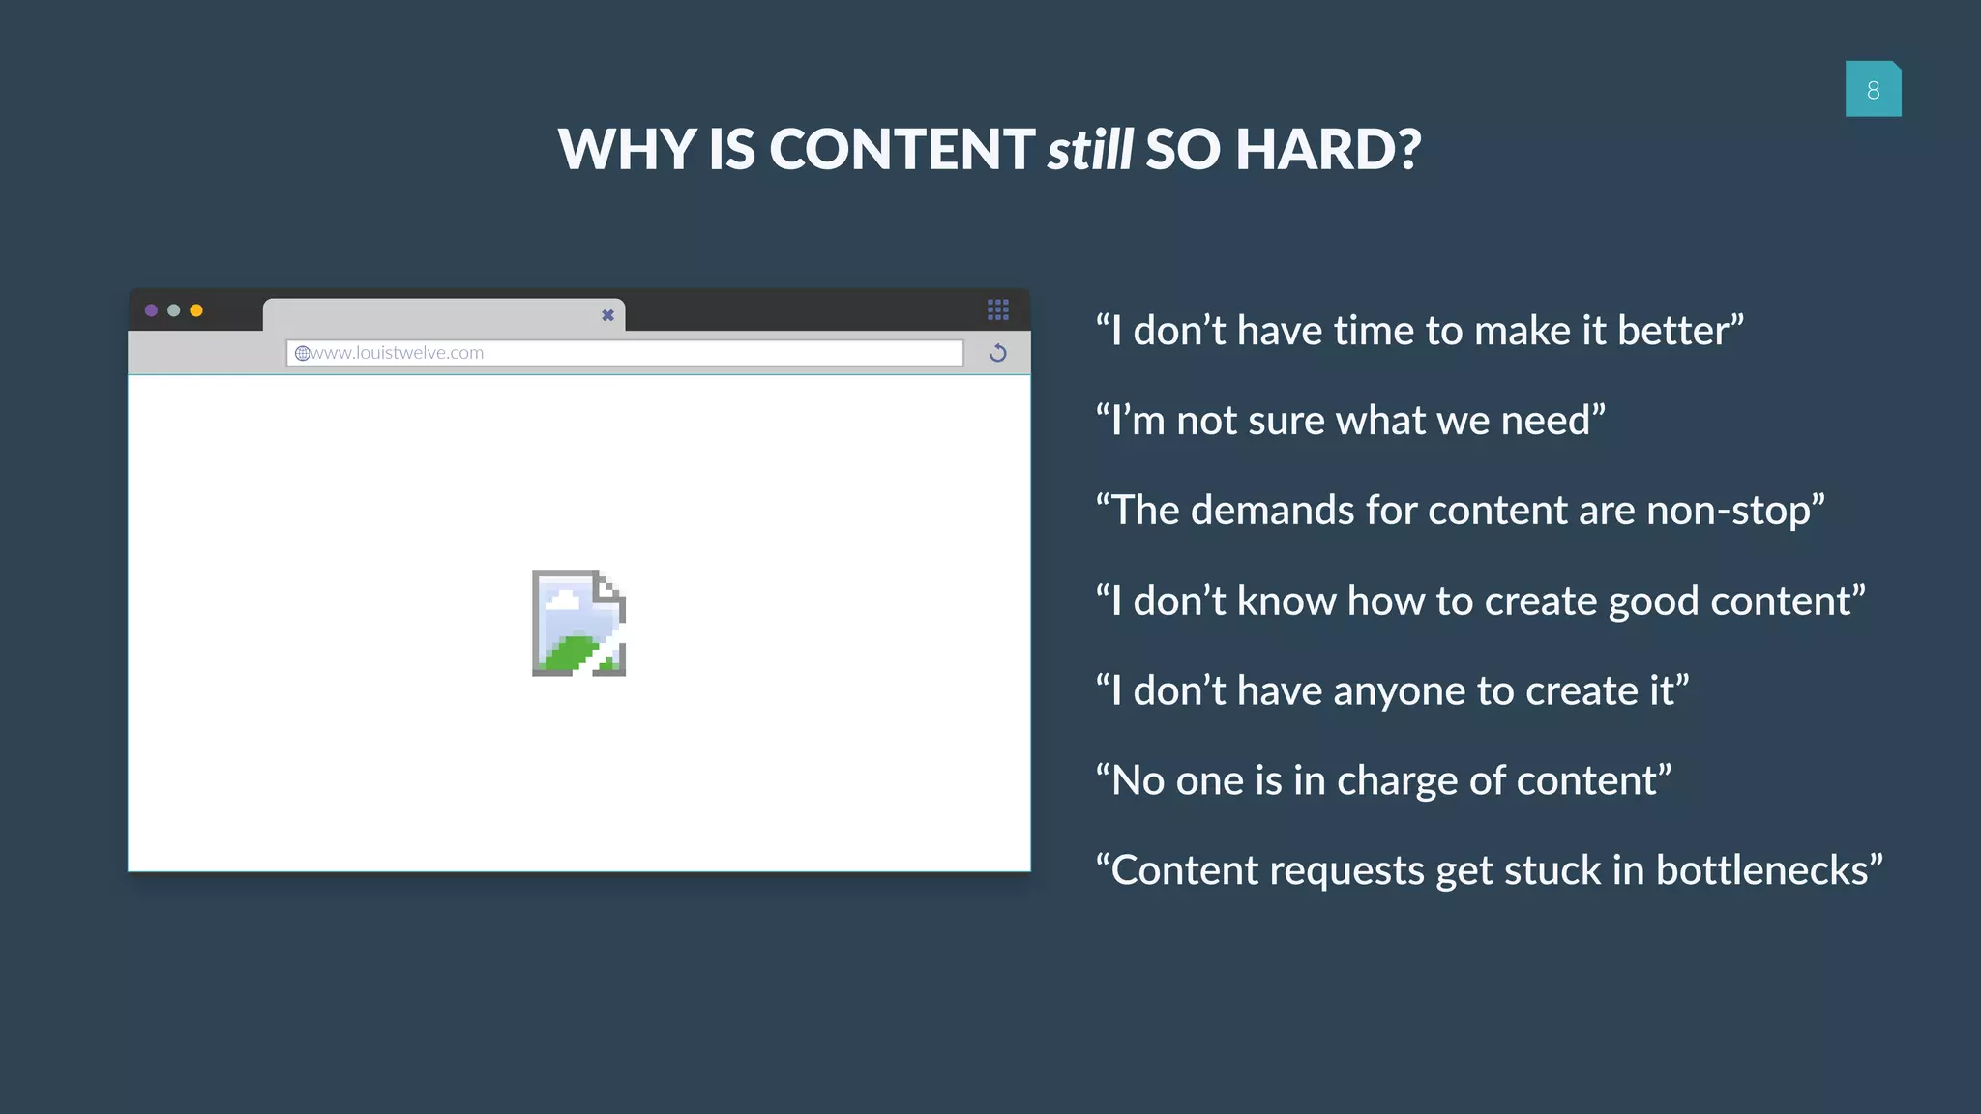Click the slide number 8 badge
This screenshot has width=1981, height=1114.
(x=1873, y=89)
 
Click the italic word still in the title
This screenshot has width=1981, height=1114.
(x=1089, y=150)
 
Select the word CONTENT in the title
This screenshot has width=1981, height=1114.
(x=902, y=150)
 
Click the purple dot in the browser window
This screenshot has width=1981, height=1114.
(x=151, y=310)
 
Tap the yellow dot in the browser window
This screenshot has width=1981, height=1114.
(x=196, y=310)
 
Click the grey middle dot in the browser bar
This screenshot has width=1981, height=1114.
(x=174, y=310)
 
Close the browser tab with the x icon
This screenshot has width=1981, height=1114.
(x=607, y=315)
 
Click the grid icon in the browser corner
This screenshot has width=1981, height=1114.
(x=997, y=309)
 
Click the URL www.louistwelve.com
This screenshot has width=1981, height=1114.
(x=397, y=353)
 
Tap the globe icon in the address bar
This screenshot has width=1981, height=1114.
(x=302, y=353)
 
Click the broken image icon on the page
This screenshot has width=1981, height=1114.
(x=578, y=623)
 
